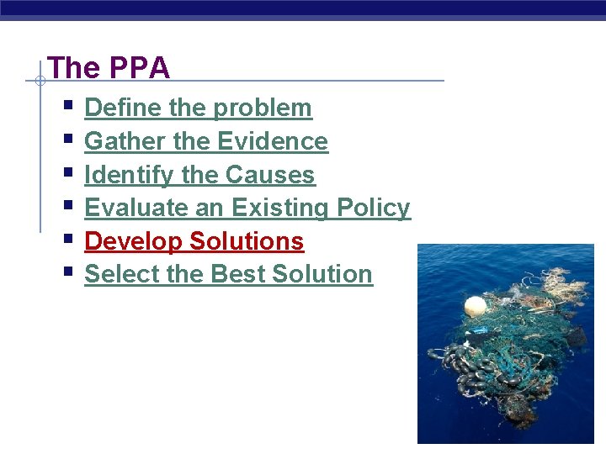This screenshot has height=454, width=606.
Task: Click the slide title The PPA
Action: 109,68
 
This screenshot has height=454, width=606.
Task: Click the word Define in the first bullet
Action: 115,108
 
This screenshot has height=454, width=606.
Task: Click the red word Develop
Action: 133,241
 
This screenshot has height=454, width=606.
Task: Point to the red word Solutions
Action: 247,241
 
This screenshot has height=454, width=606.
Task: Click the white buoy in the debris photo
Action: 475,304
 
